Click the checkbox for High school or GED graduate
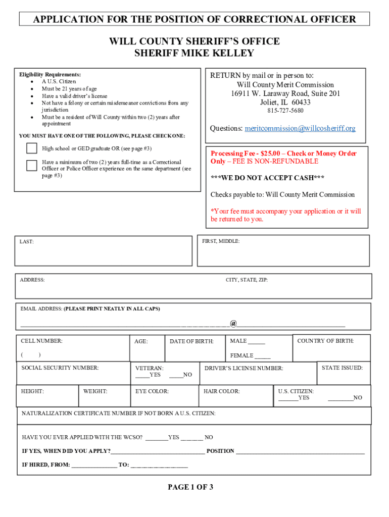[x=32, y=148]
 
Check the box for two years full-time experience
[x=32, y=165]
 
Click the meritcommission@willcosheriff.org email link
[x=300, y=128]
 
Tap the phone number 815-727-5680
[x=285, y=111]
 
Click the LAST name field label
[x=27, y=242]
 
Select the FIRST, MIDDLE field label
[x=221, y=241]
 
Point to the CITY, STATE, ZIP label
[x=247, y=280]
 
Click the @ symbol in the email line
[x=233, y=323]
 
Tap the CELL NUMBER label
[x=41, y=341]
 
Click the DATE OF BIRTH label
[x=191, y=341]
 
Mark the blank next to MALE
[x=256, y=342]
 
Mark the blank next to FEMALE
[x=262, y=356]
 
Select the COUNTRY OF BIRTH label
[x=325, y=341]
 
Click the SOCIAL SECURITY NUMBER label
[x=60, y=368]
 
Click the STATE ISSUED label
[x=342, y=368]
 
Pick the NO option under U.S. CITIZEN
[x=340, y=398]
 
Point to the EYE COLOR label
[x=152, y=391]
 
